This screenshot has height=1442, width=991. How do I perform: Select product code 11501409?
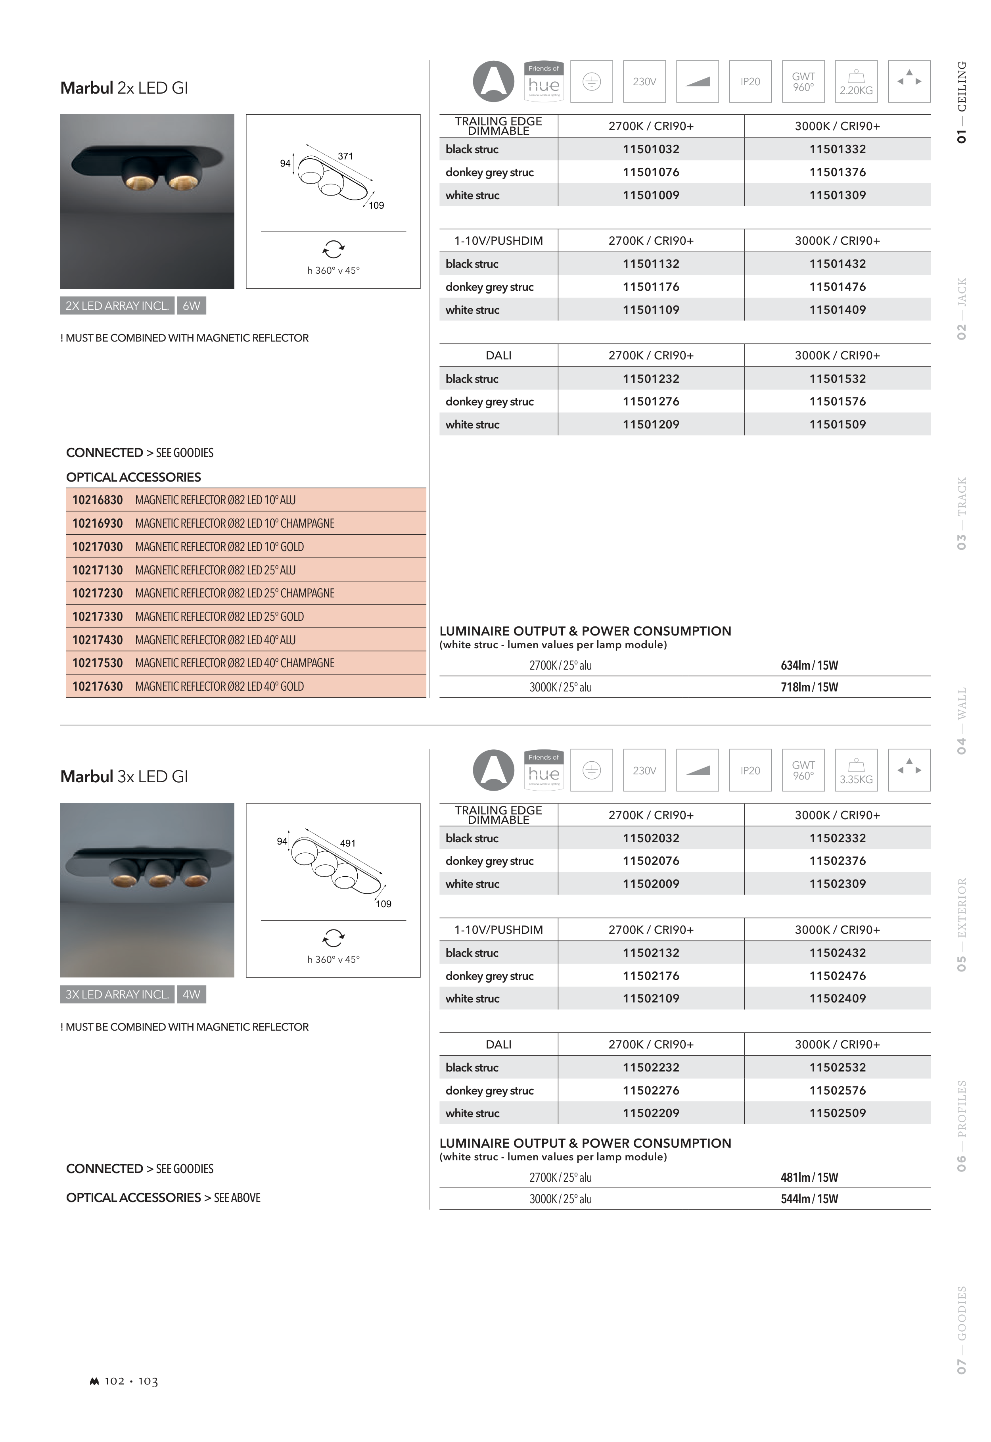click(x=837, y=310)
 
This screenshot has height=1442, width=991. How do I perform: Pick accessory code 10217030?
click(x=98, y=547)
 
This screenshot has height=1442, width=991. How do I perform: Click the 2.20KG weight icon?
click(x=856, y=81)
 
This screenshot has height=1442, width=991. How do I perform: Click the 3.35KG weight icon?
click(x=856, y=771)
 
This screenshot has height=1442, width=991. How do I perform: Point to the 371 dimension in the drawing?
click(x=345, y=156)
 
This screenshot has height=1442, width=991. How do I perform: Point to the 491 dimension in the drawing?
click(x=348, y=843)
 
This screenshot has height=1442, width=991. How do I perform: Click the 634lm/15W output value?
click(x=809, y=666)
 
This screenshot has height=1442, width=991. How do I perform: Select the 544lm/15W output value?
click(x=809, y=1199)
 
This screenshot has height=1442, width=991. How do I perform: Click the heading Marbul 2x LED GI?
click(x=124, y=88)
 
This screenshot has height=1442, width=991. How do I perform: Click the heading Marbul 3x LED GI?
click(x=124, y=777)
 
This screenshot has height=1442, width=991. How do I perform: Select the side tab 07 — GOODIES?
click(x=962, y=1330)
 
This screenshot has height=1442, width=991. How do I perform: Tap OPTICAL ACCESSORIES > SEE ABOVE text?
click(x=163, y=1198)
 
